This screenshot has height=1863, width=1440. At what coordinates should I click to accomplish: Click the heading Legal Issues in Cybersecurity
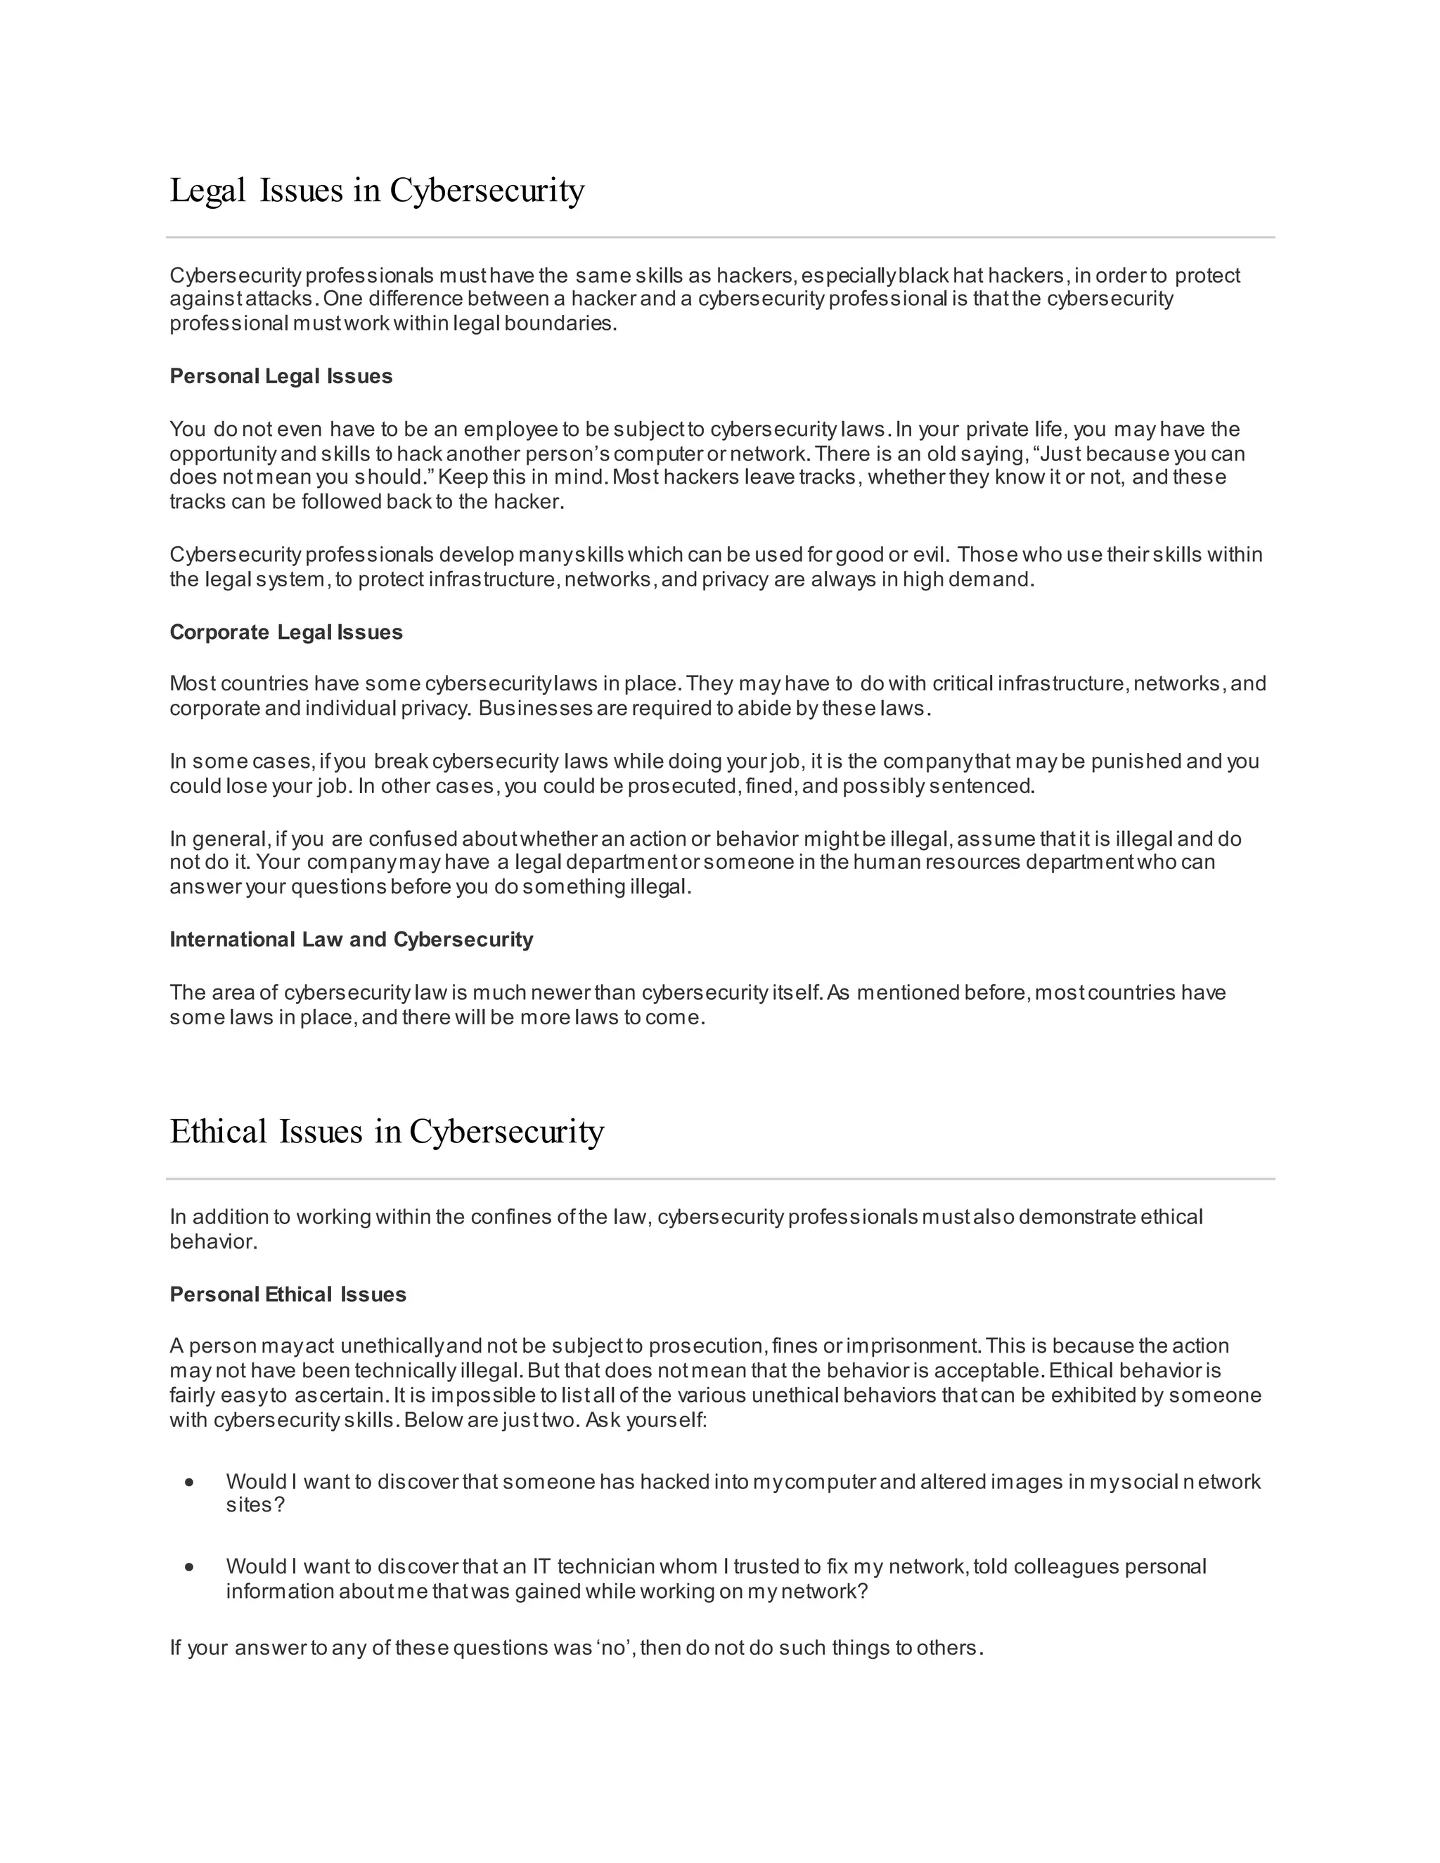click(376, 191)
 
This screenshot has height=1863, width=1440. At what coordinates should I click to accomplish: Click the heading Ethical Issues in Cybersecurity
click(387, 1132)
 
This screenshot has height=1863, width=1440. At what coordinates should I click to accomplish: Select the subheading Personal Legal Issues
click(281, 376)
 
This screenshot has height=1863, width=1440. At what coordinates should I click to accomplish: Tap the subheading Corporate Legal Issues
click(285, 632)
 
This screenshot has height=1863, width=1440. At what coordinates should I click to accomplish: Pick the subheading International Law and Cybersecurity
click(351, 939)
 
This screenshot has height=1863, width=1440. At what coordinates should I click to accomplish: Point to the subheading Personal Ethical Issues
click(288, 1294)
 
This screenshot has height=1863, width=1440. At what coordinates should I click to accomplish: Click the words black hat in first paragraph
click(937, 276)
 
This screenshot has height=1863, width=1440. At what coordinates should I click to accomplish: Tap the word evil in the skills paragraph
click(930, 555)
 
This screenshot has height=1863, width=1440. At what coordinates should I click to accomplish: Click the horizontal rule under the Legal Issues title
click(720, 237)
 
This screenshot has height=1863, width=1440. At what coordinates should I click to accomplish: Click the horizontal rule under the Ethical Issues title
click(720, 1179)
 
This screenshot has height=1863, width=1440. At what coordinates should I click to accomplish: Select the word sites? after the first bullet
click(255, 1504)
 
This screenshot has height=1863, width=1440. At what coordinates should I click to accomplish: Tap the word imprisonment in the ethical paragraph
click(912, 1345)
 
